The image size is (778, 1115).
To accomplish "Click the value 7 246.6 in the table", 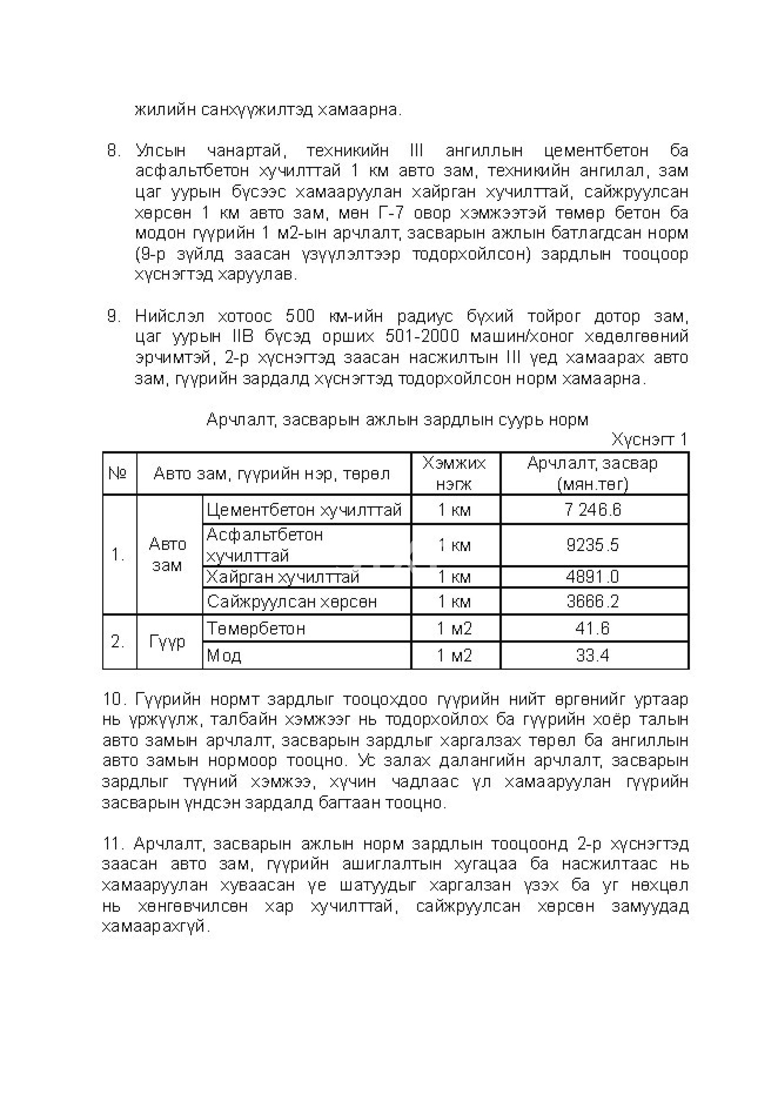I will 593,510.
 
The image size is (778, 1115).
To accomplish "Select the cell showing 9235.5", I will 593,545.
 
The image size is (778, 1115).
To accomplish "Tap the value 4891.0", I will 593,577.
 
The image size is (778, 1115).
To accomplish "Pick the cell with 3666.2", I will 593,602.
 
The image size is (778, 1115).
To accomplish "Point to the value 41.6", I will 593,628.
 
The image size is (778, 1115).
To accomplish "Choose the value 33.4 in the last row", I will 593,656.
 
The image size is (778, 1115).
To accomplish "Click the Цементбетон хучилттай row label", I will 304,510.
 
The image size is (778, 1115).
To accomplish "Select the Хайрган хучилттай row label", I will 283,577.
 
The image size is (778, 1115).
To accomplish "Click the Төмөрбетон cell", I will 256,628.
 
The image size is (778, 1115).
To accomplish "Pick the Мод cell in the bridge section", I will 224,656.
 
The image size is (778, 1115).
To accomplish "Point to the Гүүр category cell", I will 167,642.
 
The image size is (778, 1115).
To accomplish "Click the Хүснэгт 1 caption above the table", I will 649,440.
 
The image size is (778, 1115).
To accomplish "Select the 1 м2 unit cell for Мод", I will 455,656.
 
